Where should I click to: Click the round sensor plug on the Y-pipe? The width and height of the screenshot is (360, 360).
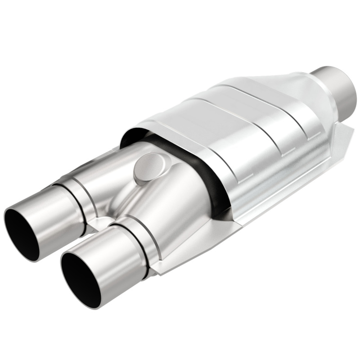point(148,166)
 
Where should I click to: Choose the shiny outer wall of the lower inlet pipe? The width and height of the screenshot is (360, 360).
point(112,270)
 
